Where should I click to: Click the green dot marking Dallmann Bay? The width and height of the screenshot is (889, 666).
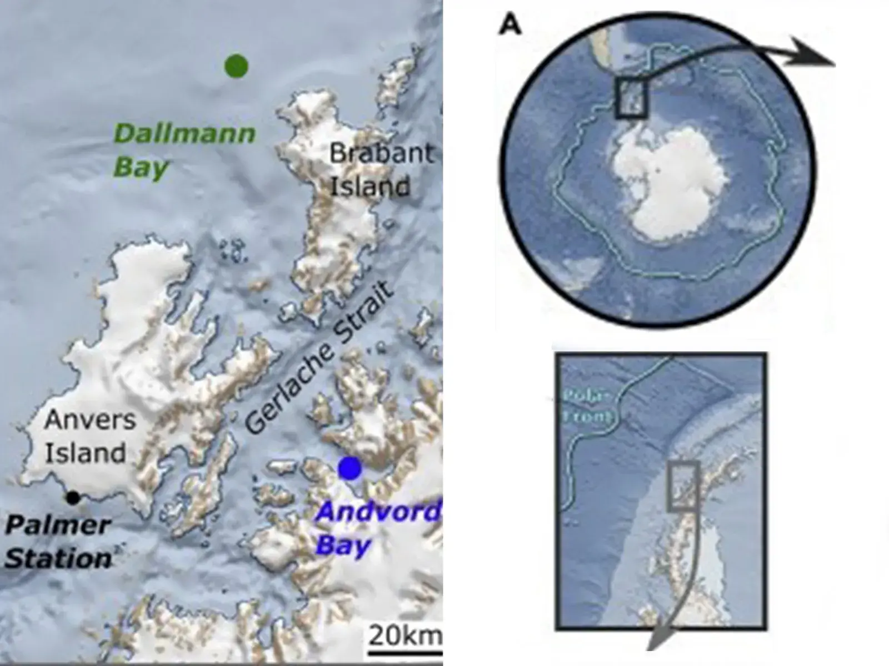pos(236,66)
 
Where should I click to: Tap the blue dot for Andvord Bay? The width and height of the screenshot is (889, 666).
pos(350,468)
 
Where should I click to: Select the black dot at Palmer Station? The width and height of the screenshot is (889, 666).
pos(72,498)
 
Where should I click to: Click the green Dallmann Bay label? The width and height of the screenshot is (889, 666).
pos(183,150)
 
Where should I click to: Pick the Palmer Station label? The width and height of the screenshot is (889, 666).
pos(58,542)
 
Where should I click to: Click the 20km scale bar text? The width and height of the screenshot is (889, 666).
pos(404,635)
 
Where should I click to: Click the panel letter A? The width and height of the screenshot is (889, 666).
pos(510,24)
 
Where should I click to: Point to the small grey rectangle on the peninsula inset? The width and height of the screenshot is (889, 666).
pos(682,486)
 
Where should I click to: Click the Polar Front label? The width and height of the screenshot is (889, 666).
pos(588,406)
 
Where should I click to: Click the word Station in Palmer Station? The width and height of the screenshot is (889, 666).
pos(58,558)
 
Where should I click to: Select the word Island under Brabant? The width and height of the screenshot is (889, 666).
pos(370,186)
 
